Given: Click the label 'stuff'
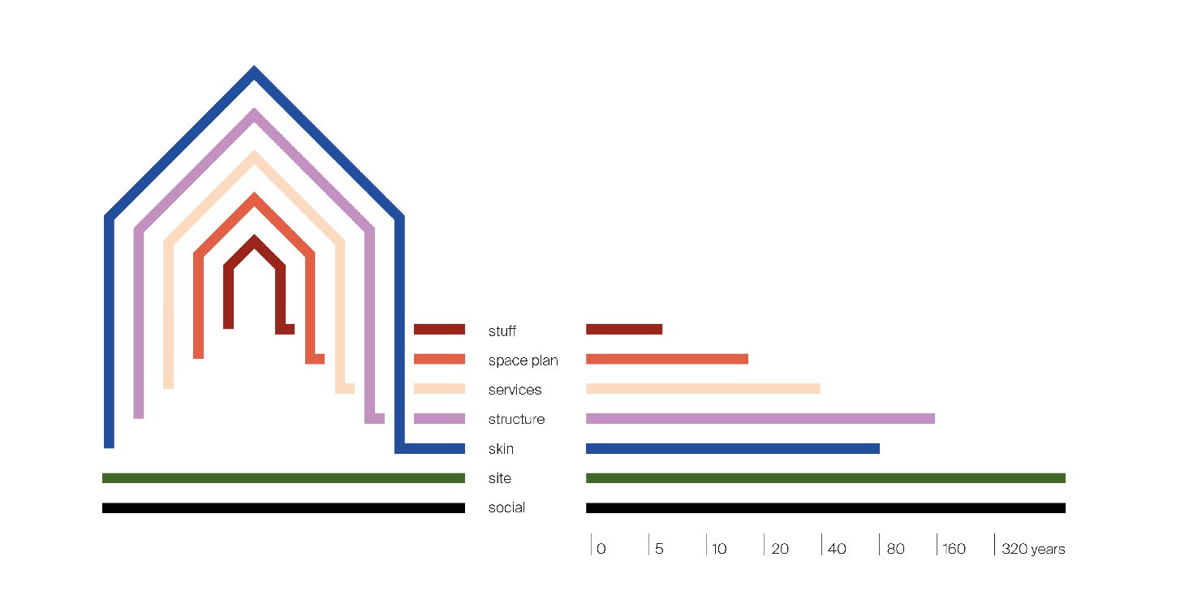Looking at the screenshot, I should click(x=502, y=331).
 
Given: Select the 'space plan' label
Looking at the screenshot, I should click(x=523, y=360).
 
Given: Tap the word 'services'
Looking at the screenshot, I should click(x=515, y=390).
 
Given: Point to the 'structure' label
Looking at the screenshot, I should click(x=516, y=420).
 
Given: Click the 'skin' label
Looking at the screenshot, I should click(x=501, y=449).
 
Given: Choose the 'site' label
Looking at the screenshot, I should click(x=499, y=478).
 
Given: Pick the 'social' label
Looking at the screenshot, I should click(x=506, y=507).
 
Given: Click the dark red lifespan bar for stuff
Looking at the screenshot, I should click(x=623, y=329).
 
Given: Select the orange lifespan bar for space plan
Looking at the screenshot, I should click(x=666, y=359).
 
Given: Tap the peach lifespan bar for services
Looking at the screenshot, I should click(x=702, y=388).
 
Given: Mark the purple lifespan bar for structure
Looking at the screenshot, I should click(x=760, y=418).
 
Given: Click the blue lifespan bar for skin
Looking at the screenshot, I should click(x=732, y=448).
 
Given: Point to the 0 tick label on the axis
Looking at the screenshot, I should click(x=601, y=549).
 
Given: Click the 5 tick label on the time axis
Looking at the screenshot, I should click(x=659, y=549).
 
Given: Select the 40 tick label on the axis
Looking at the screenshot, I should click(x=837, y=549).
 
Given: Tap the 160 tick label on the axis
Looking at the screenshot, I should click(x=954, y=549).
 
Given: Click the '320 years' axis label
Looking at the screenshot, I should click(x=1033, y=549).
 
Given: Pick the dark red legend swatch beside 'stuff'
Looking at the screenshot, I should click(x=439, y=329).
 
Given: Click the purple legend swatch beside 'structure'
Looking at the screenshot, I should click(x=439, y=418).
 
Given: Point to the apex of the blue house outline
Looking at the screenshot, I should click(x=255, y=72).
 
